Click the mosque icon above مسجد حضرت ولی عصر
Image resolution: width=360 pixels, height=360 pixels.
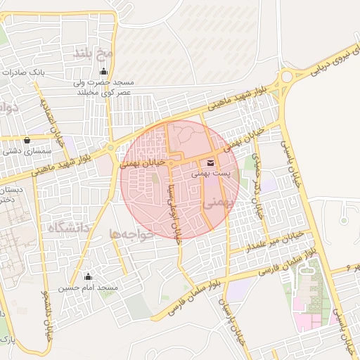point(105,70)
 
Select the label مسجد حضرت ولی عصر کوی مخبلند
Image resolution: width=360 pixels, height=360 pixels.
point(105,87)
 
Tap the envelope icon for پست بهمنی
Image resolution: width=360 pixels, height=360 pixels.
point(212,164)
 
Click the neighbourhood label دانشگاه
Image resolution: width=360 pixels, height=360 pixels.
point(68,228)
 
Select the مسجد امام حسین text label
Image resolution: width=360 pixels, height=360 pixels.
point(88,288)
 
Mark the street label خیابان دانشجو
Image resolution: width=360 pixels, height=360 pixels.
point(47,310)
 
